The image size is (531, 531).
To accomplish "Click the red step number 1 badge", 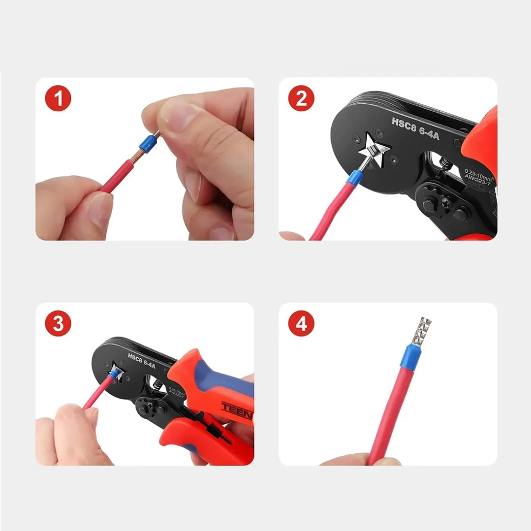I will click(58, 99).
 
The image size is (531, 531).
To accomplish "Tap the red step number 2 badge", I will click(301, 99).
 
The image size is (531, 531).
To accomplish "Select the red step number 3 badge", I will click(58, 325).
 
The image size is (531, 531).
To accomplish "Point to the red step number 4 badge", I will click(301, 325).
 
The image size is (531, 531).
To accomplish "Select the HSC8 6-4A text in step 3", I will click(141, 360).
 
